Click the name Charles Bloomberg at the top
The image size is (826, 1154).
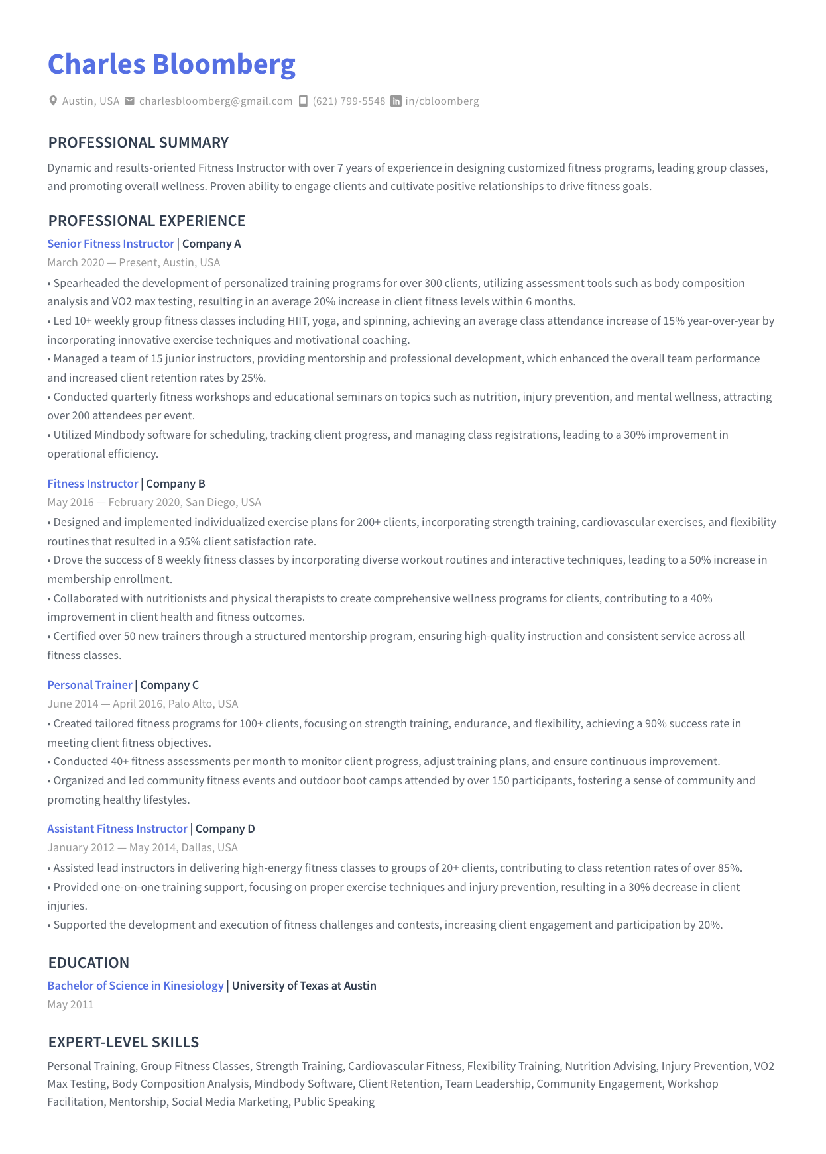tap(171, 64)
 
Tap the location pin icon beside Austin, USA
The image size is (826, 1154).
tap(53, 101)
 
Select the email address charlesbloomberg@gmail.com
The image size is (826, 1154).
tap(215, 101)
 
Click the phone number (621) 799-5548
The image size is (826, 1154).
tap(349, 101)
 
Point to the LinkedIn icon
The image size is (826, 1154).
tap(396, 101)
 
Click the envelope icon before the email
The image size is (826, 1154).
tap(130, 101)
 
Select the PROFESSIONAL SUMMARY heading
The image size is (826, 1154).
tap(138, 142)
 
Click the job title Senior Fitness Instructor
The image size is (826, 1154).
tap(111, 244)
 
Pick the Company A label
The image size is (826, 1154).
tap(211, 244)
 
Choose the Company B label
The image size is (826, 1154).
tap(176, 484)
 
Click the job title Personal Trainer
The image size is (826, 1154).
tap(89, 685)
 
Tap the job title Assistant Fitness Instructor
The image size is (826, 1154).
tap(117, 829)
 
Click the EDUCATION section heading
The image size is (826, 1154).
tap(89, 963)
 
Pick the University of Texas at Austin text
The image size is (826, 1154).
tap(304, 986)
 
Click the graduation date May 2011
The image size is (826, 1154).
tap(71, 1004)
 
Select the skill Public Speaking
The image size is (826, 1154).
tap(334, 1102)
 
